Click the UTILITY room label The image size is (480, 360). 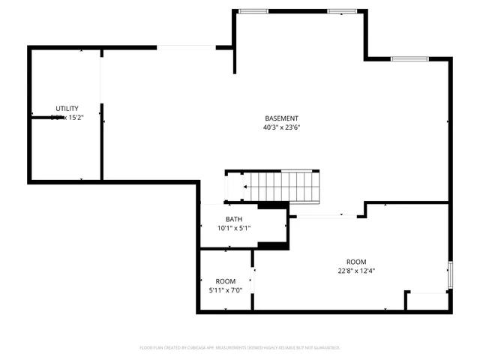tap(67, 109)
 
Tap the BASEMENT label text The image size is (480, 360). tap(281, 118)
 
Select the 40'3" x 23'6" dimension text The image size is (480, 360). tap(281, 127)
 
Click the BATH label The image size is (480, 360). tap(234, 219)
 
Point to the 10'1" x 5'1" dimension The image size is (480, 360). tap(234, 228)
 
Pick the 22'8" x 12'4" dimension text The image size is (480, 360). tap(356, 271)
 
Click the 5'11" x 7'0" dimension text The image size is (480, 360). tap(226, 290)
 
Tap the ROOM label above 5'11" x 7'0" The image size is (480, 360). tap(226, 281)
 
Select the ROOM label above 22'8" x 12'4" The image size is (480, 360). tap(356, 262)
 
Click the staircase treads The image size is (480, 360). tap(285, 186)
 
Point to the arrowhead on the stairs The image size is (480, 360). tap(245, 187)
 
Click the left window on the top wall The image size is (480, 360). tap(253, 11)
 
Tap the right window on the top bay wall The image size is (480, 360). tap(342, 11)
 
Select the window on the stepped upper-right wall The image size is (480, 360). tap(409, 58)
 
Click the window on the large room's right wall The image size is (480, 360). tap(450, 274)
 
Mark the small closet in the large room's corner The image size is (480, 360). tap(426, 301)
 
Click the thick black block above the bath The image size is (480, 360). tap(273, 205)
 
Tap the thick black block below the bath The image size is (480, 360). tap(273, 244)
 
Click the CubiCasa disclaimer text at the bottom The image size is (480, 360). tap(240, 348)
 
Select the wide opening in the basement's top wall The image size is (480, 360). tap(186, 47)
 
